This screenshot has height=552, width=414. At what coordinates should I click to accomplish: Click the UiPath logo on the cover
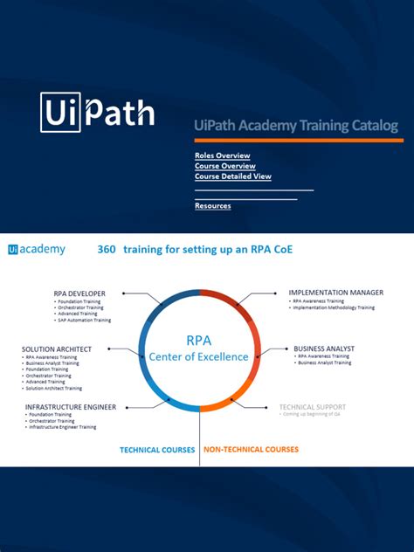coord(97,113)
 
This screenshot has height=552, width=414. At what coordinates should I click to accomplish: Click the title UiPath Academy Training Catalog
coord(296,126)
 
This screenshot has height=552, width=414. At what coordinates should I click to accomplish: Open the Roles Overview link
coord(222,155)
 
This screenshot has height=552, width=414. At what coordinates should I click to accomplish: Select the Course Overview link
coord(225,166)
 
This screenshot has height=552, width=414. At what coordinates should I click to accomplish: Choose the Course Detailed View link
coord(233,176)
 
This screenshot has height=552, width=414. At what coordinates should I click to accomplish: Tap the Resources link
coord(213,206)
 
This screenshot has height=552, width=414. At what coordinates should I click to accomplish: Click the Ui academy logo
coord(37,250)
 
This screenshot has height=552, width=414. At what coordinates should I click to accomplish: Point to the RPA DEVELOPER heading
coord(80,293)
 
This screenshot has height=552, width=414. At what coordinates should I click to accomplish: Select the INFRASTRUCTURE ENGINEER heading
coord(71,406)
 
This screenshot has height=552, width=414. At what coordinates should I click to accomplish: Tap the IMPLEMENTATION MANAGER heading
coord(336,293)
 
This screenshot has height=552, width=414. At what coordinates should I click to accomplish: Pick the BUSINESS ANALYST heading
coord(324,348)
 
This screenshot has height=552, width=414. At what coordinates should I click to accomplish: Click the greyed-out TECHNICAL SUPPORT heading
coord(313,406)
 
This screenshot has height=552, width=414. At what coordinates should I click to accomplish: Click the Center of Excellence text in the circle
coord(198,356)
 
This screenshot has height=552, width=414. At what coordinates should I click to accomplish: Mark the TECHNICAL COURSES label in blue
coord(158,451)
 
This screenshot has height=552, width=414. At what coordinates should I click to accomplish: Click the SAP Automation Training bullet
coord(85,321)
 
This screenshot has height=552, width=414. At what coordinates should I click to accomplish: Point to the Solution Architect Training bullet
coord(55,389)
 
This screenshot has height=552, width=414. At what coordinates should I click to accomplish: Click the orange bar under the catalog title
coord(298,140)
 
